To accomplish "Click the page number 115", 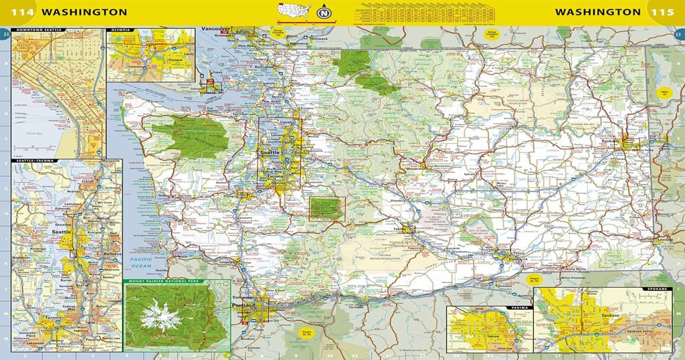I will pyautogui.click(x=664, y=12).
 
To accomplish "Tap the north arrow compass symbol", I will pyautogui.click(x=324, y=13).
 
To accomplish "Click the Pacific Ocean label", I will pyautogui.click(x=141, y=262).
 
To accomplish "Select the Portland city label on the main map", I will pyautogui.click(x=243, y=305).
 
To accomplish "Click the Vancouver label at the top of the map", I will pyautogui.click(x=215, y=29).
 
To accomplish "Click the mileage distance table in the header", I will pyautogui.click(x=422, y=13).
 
